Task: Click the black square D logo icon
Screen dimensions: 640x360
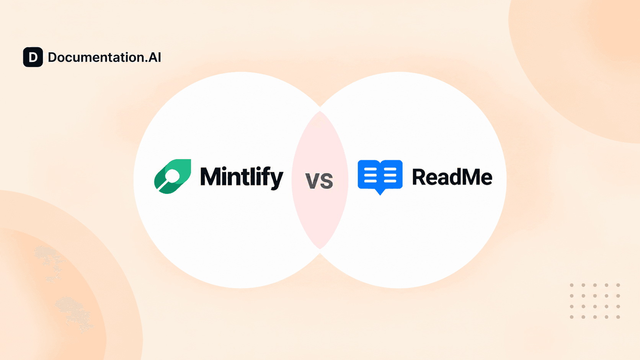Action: point(33,57)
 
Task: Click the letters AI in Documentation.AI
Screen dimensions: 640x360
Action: point(154,57)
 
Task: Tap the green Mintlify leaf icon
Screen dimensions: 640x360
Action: point(173,176)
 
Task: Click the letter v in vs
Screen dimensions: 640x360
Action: point(313,181)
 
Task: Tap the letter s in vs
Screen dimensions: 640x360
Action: point(327,181)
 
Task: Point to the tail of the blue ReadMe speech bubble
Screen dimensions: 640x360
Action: point(380,192)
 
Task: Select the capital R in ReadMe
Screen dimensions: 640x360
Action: point(420,177)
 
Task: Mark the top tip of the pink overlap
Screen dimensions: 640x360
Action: point(320,111)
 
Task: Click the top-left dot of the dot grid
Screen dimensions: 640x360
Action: point(572,285)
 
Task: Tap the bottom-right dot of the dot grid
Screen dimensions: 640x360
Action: point(618,317)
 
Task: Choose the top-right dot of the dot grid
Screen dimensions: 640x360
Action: point(618,285)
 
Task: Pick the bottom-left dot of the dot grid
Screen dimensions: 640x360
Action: point(572,317)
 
